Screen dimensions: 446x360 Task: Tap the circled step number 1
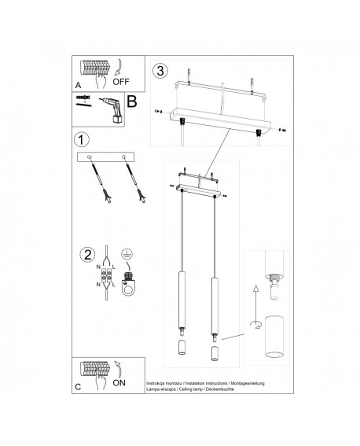[x=81, y=140]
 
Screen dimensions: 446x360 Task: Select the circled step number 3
[x=161, y=71]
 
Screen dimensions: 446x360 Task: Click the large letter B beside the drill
[x=131, y=101]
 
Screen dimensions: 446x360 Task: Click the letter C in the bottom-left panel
[x=77, y=386]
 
